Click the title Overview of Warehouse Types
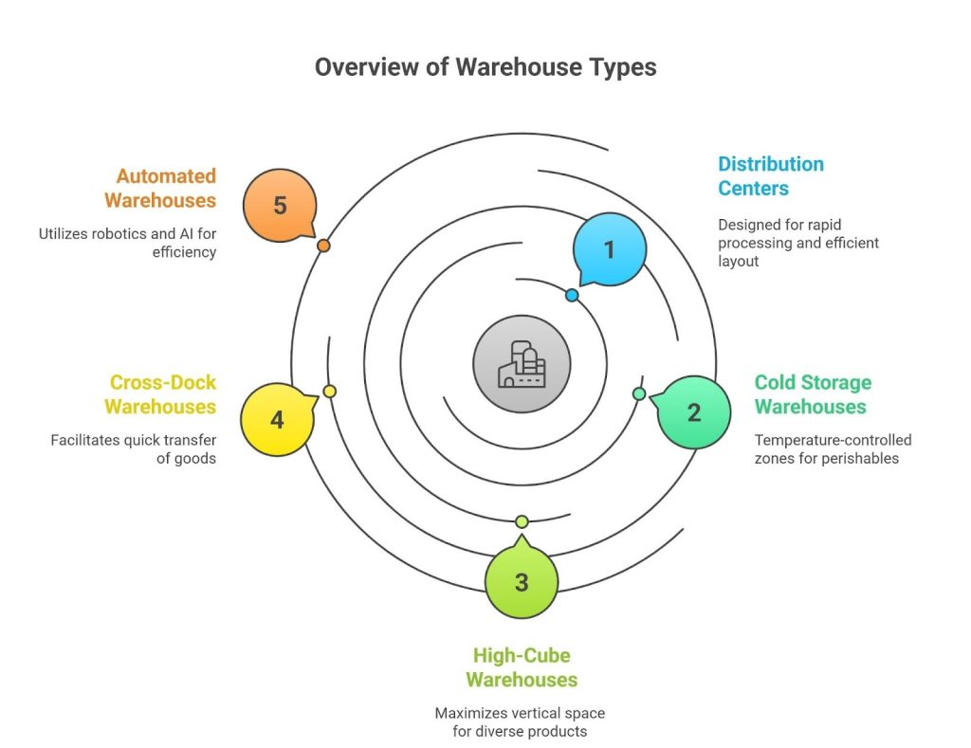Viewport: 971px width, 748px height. [x=485, y=67]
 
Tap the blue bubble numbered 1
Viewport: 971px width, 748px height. [x=610, y=249]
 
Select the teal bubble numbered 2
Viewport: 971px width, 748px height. [x=694, y=412]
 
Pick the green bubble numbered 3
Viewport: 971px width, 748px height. [x=521, y=582]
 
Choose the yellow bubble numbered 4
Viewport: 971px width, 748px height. [x=276, y=419]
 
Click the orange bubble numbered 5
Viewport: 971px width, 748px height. [x=280, y=205]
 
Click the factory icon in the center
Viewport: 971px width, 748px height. [x=522, y=365]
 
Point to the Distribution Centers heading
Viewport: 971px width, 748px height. [x=770, y=175]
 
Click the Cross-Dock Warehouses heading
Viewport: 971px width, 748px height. [x=160, y=394]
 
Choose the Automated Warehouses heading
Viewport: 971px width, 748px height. [x=160, y=188]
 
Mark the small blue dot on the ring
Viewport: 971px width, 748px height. [x=572, y=296]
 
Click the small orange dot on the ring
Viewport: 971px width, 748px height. [x=323, y=246]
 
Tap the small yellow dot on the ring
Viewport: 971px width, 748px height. [x=329, y=392]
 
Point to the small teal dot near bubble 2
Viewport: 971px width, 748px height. [x=639, y=393]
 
